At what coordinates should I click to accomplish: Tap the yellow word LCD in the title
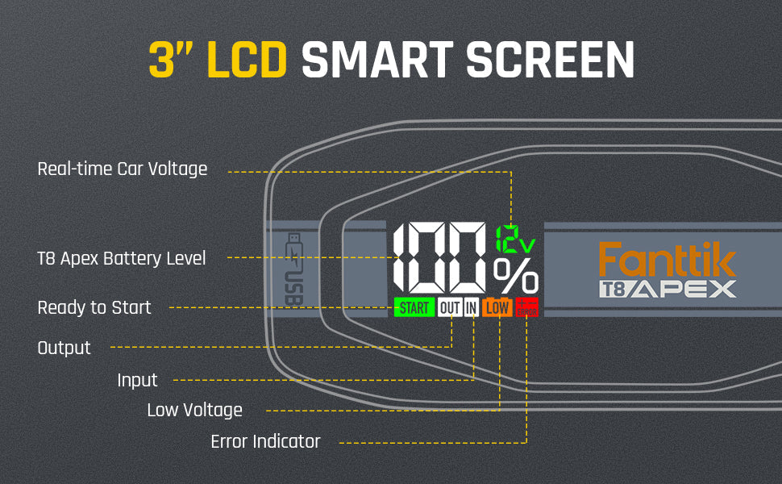point(247,59)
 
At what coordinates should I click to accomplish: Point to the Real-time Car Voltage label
point(123,169)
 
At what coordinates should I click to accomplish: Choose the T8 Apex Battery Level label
point(122,258)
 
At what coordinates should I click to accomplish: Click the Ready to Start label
point(94,307)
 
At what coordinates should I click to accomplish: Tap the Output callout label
point(64,348)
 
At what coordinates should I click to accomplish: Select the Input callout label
point(137,380)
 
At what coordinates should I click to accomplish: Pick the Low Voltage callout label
point(194,410)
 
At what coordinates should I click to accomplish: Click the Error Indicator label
point(265,441)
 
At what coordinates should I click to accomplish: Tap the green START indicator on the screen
point(414,307)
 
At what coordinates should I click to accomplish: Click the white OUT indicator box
point(449,307)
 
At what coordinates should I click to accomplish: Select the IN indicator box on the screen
point(471,307)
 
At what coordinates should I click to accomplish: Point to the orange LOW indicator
point(497,307)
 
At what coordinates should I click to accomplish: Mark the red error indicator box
point(526,307)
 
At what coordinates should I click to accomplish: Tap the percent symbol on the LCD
point(516,277)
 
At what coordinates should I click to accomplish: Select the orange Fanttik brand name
point(667,261)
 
